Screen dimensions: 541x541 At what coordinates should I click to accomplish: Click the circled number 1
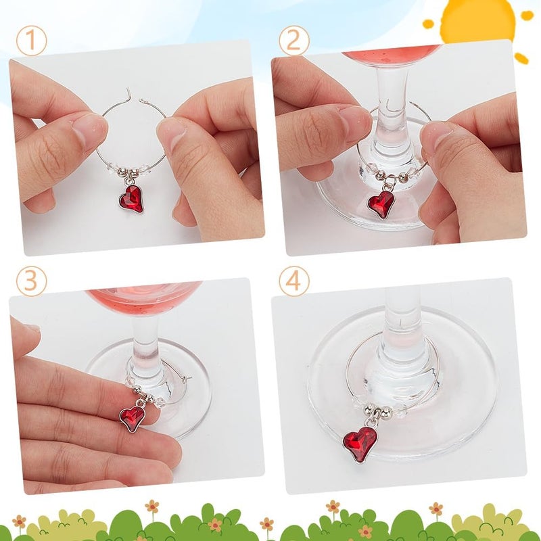coord(31,41)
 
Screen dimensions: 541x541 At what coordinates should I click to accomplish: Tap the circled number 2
coord(294,41)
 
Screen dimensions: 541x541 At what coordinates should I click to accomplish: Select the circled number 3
coord(31,281)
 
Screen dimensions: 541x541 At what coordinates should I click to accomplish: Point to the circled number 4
coord(294,281)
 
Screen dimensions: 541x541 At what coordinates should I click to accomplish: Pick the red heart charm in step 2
coord(380,204)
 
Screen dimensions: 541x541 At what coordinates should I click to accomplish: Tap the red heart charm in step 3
coord(132,418)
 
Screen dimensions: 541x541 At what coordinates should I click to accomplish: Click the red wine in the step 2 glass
coord(392,53)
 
